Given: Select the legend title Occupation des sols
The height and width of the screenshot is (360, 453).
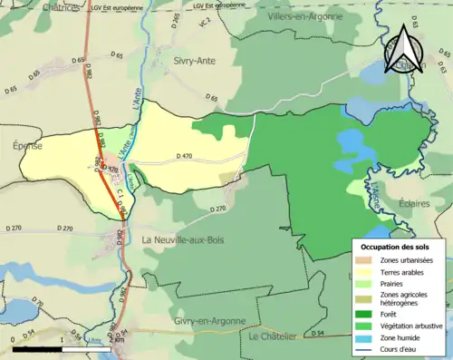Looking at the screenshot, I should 396,247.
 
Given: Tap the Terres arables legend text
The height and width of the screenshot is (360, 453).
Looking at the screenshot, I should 404,271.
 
